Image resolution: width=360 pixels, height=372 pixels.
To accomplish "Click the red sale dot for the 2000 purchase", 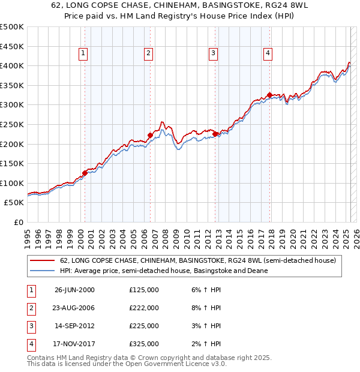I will click(85, 173).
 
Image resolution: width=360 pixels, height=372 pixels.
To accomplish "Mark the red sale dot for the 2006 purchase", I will click(150, 135).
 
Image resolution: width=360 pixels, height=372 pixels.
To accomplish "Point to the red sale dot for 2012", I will click(214, 134).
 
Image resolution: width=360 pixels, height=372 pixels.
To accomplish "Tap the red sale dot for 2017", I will click(269, 95).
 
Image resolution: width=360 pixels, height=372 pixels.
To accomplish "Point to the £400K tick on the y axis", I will click(13, 65).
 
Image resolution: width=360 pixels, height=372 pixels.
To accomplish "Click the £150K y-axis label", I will click(13, 163).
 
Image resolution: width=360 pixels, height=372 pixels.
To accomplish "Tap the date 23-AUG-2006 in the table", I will click(74, 308).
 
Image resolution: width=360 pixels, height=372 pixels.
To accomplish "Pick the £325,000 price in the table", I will click(144, 344).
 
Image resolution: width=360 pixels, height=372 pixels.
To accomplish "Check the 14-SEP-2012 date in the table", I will click(74, 326).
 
